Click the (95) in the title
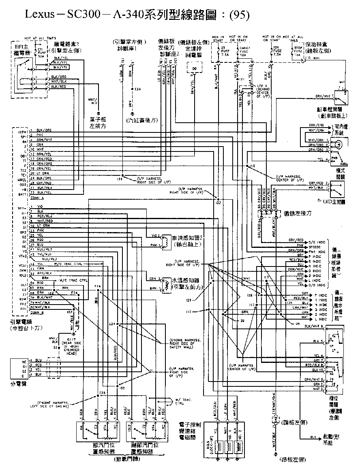(x=239, y=15)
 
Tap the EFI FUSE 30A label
(x=41, y=52)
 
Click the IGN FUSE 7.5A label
(x=277, y=51)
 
